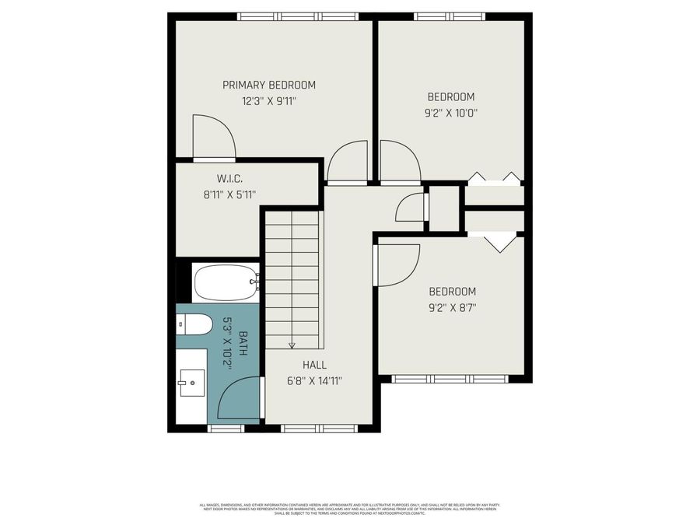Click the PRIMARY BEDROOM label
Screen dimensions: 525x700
[x=269, y=85]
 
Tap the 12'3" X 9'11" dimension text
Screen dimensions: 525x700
[x=269, y=100]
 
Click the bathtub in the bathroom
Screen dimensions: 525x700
[x=226, y=282]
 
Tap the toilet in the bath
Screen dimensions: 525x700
[x=194, y=324]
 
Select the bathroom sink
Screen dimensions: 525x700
[x=191, y=382]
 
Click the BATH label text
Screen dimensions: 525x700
[x=243, y=344]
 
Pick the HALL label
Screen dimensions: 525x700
[x=315, y=365]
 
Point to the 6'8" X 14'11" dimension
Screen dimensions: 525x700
[x=315, y=381]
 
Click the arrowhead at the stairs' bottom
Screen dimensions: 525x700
[x=292, y=345]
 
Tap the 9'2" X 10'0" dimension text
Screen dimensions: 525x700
[x=451, y=112]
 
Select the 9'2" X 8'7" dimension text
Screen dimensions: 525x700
[x=452, y=307]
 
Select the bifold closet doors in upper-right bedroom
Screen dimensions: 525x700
[x=495, y=178]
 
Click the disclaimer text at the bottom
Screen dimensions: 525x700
[x=349, y=509]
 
